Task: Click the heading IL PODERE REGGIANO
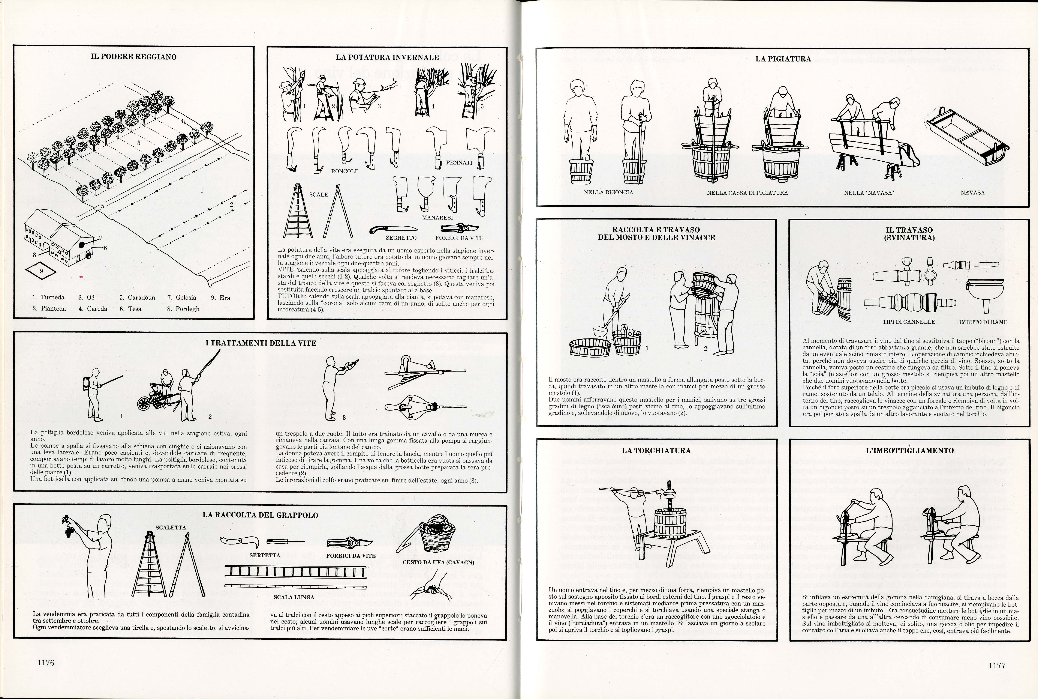(134, 57)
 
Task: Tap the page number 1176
(46, 663)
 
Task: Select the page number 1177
(997, 666)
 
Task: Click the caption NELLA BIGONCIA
(608, 192)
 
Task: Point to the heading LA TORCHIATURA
(656, 451)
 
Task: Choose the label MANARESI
(437, 218)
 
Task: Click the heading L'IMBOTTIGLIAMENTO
(910, 451)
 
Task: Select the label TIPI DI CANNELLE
(909, 322)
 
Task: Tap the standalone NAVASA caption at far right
(972, 192)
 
